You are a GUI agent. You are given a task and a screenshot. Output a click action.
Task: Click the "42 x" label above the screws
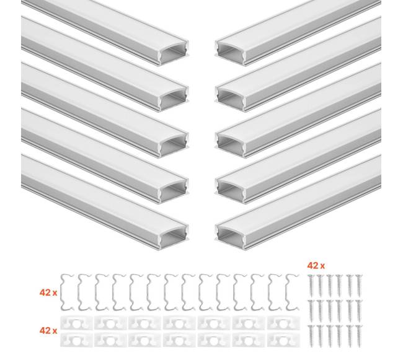pyautogui.click(x=316, y=265)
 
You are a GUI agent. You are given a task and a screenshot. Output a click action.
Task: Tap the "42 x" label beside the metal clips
pyautogui.click(x=48, y=292)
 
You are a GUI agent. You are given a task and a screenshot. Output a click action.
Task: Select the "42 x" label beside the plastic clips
pyautogui.click(x=48, y=330)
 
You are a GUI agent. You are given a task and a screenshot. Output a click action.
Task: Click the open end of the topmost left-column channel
pyautogui.click(x=174, y=52)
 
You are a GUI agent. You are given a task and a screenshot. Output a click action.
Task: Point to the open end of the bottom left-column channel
pyautogui.click(x=174, y=237)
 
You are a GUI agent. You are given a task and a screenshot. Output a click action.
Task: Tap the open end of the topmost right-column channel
pyautogui.click(x=230, y=52)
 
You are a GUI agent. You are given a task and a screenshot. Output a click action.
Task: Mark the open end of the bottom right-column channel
pyautogui.click(x=230, y=237)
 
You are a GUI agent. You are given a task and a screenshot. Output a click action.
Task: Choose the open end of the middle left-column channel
pyautogui.click(x=174, y=144)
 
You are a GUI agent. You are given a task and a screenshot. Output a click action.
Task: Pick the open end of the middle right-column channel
pyautogui.click(x=230, y=144)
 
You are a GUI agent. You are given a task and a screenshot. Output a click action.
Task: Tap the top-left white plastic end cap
pyautogui.click(x=76, y=323)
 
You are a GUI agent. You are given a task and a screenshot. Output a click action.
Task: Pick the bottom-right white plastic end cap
pyautogui.click(x=283, y=340)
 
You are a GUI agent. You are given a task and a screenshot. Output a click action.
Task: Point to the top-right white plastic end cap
pyautogui.click(x=283, y=323)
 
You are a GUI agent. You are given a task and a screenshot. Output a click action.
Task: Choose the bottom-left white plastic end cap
pyautogui.click(x=76, y=340)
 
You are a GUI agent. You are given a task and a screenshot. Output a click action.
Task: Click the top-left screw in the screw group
pyautogui.click(x=311, y=285)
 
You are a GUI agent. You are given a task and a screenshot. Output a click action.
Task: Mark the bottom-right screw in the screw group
pyautogui.click(x=359, y=336)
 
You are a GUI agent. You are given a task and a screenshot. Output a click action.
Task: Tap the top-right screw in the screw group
pyautogui.click(x=359, y=285)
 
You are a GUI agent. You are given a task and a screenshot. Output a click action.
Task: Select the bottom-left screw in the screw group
pyautogui.click(x=311, y=336)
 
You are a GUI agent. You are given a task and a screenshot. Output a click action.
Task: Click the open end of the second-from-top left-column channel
pyautogui.click(x=174, y=99)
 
